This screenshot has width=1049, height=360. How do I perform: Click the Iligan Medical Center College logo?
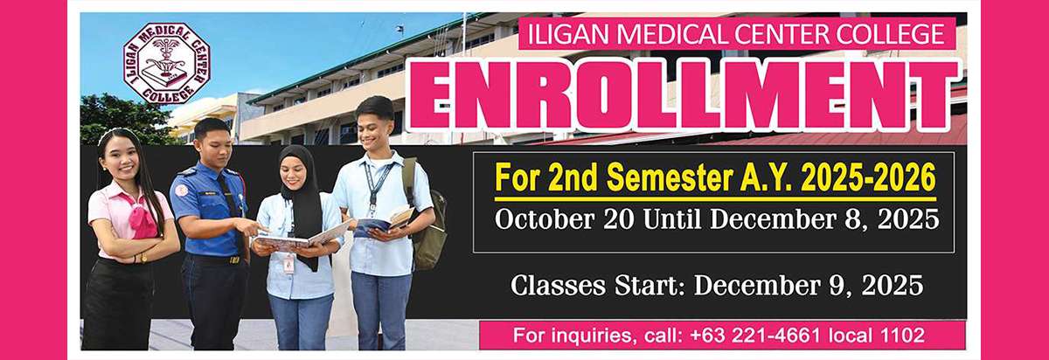(x=167, y=63)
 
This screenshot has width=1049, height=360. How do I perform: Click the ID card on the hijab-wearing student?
(x=288, y=262)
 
